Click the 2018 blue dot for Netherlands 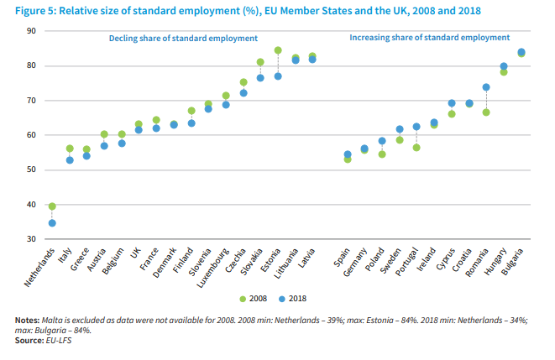click(52, 223)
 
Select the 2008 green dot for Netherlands click(52, 206)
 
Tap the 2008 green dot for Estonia click(278, 50)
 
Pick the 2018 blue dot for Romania click(485, 87)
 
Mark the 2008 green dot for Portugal click(416, 148)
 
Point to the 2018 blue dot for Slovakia click(260, 78)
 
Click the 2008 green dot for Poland click(382, 154)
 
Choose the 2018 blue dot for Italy click(70, 160)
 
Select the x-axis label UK click(135, 253)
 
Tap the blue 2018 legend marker click(281, 298)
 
